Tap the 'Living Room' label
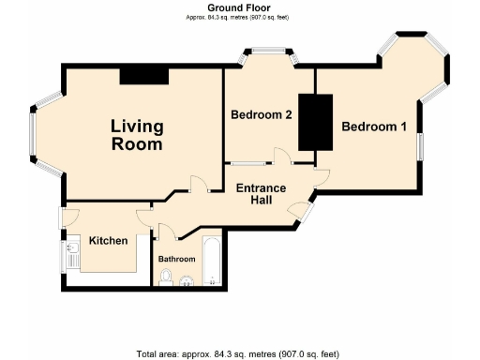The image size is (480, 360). click(137, 135)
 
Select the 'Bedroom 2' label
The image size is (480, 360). click(262, 115)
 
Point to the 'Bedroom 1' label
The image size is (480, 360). click(373, 127)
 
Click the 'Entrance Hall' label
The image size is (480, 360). click(261, 195)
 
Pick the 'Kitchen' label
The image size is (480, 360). click(108, 241)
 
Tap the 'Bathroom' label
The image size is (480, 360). click(176, 259)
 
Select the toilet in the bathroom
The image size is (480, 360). click(167, 276)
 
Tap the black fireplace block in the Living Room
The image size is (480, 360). click(143, 75)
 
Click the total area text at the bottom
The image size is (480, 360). click(238, 353)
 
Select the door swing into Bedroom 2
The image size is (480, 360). click(281, 156)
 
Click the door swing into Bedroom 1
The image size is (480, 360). click(322, 173)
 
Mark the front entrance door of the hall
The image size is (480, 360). click(302, 211)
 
